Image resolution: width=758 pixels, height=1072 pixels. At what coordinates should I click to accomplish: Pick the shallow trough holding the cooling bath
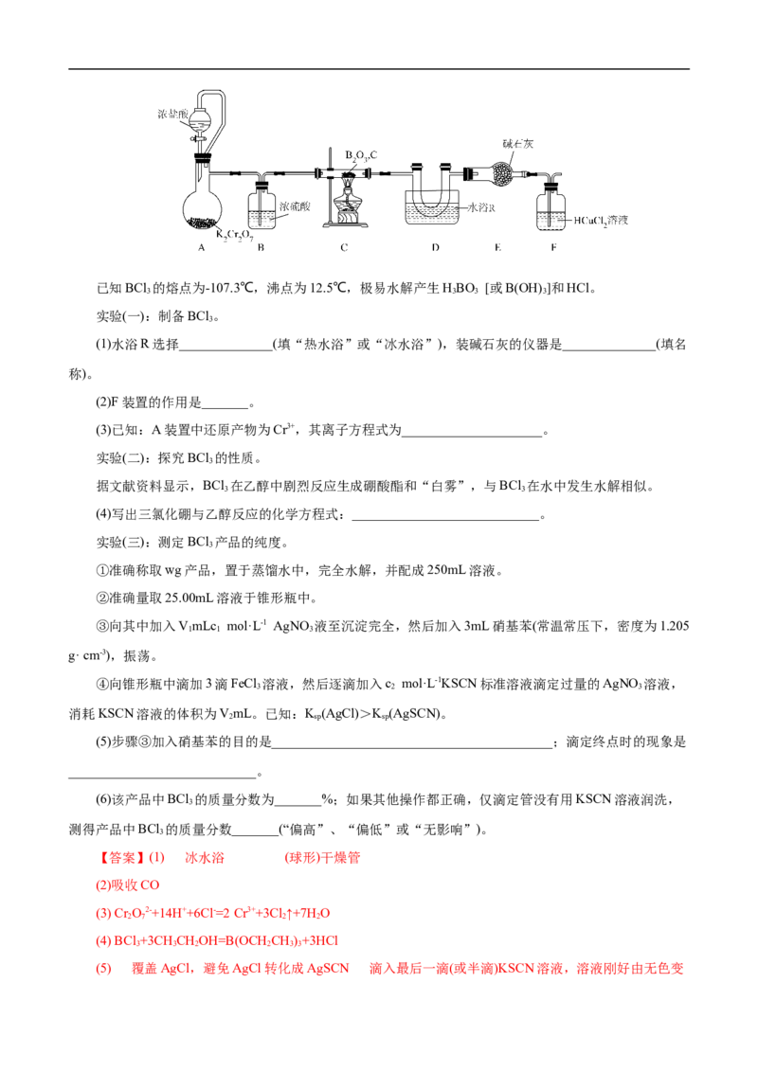pos(431,213)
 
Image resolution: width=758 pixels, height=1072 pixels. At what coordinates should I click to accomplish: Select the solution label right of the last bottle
pos(601,221)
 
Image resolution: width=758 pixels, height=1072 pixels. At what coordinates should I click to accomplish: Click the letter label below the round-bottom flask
pos(203,250)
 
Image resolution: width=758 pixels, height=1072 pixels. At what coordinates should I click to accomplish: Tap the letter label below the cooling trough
pos(431,250)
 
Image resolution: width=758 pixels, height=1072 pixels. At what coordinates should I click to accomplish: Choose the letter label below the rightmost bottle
pos(555,250)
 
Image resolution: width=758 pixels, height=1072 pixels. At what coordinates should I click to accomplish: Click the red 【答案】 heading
pos(120,859)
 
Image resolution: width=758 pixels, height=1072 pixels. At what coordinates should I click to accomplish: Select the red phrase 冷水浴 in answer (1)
pos(205,859)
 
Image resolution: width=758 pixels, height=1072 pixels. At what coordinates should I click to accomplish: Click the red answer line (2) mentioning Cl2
pos(130,885)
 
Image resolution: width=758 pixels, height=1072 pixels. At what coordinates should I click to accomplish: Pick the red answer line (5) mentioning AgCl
pos(388,970)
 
